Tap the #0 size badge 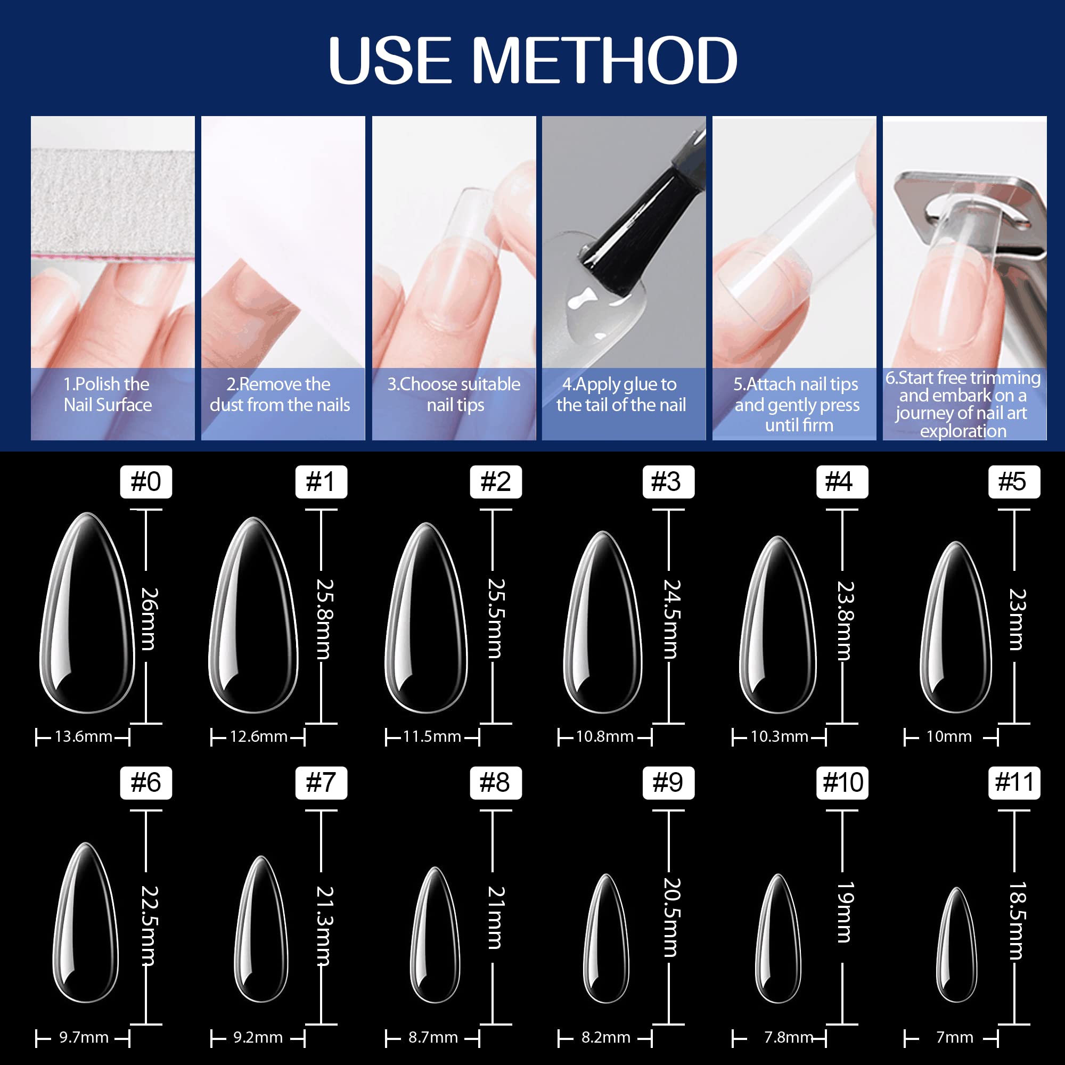tap(146, 482)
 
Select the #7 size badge tap(321, 783)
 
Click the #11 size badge tap(1014, 783)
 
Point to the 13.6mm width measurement tap(83, 736)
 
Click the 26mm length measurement tap(150, 618)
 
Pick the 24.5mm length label tap(672, 618)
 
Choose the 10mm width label tap(949, 736)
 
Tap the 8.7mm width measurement tap(433, 1037)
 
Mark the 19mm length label tap(845, 912)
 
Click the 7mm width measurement tap(955, 1037)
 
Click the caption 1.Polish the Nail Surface tap(108, 395)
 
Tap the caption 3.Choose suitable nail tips tap(454, 395)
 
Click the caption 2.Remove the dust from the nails tap(280, 395)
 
